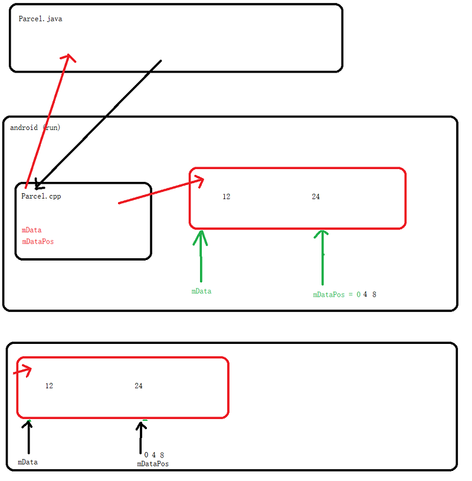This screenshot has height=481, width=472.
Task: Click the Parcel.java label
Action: pos(40,19)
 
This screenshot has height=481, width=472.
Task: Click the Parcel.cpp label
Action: pos(41,196)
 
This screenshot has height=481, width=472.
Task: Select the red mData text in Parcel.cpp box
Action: pos(32,230)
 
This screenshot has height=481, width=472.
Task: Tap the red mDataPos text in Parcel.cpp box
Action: pos(38,241)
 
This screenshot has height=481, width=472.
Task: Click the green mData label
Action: pos(201,291)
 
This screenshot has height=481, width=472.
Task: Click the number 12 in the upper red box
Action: pos(227,197)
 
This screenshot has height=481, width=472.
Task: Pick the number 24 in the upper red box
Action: pos(316,197)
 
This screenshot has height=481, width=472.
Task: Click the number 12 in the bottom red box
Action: pos(49,386)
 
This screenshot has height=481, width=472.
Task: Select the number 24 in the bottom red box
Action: pos(139,386)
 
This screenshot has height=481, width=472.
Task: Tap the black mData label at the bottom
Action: pos(28,462)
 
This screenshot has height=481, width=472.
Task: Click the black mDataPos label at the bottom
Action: pos(153,464)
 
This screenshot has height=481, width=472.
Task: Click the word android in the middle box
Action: pos(24,128)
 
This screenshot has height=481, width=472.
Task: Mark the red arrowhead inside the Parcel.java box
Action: pos(70,57)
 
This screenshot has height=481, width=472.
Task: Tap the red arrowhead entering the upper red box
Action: pos(199,180)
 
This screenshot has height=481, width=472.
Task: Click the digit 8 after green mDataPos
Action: pos(374,294)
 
